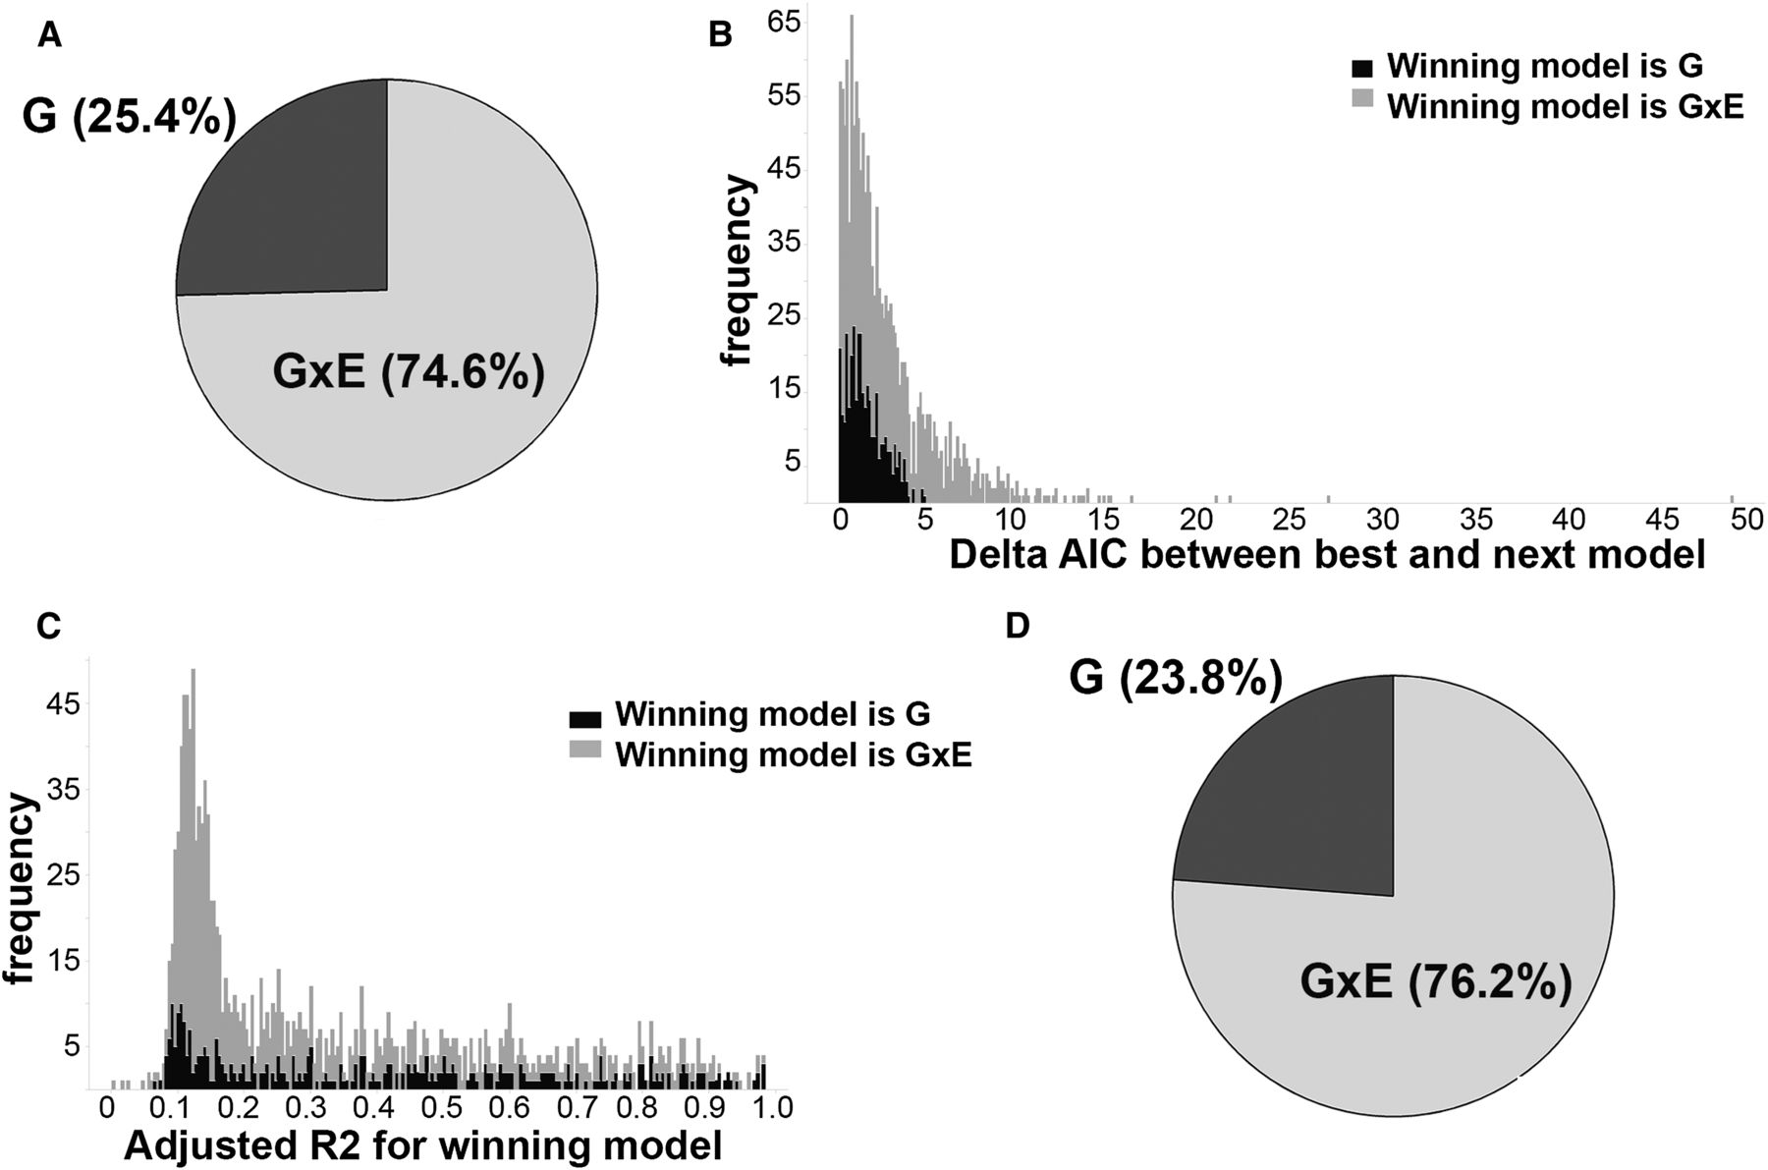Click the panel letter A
click(x=49, y=37)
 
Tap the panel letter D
click(x=1018, y=626)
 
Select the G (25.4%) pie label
click(x=129, y=119)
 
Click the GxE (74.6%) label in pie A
click(x=408, y=374)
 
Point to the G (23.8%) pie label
click(x=1176, y=679)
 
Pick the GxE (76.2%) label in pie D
click(x=1436, y=982)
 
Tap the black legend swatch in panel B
click(x=1362, y=67)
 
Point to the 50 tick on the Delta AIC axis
click(x=1748, y=521)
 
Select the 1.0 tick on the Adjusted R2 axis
click(x=772, y=1108)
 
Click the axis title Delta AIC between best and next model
click(x=1327, y=556)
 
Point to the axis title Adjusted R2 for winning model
click(x=422, y=1145)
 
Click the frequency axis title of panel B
click(x=737, y=271)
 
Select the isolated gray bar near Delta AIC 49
click(x=1732, y=499)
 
